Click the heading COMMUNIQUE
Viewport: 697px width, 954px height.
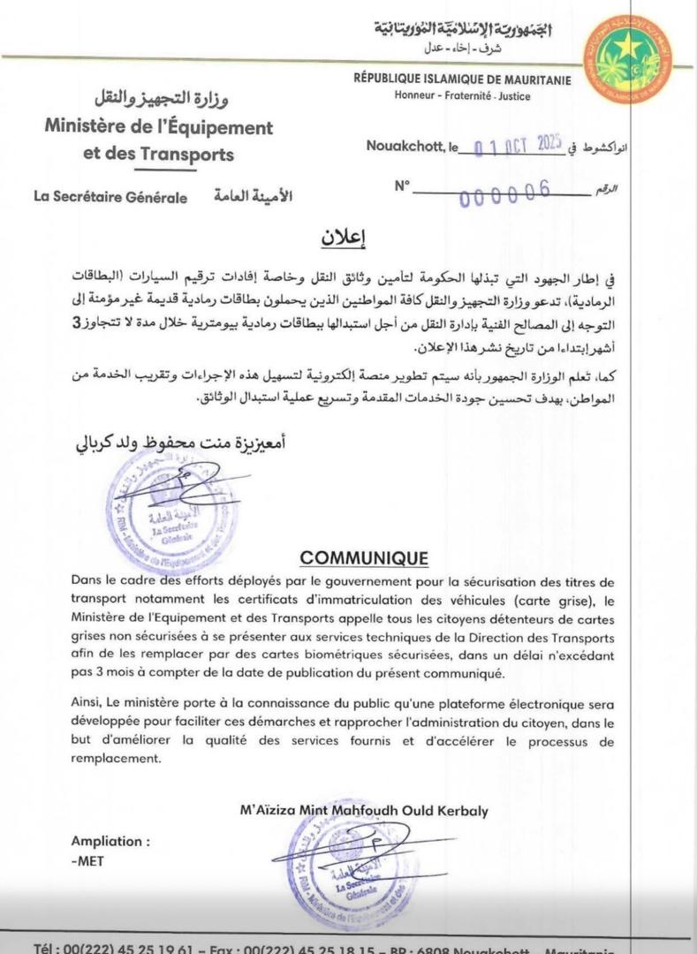point(364,557)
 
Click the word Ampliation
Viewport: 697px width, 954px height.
point(110,841)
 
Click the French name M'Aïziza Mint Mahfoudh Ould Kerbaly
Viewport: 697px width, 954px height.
point(363,810)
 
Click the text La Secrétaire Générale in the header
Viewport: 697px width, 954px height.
point(110,198)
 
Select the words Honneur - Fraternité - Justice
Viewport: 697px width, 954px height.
point(463,95)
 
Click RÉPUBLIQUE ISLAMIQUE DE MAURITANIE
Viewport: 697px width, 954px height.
point(462,80)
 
